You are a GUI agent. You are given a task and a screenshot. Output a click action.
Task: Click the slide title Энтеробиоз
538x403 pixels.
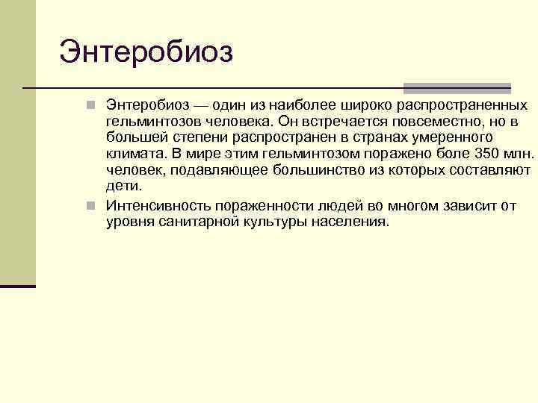click(x=146, y=51)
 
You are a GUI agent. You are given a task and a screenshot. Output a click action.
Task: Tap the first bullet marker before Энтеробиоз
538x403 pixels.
click(x=90, y=105)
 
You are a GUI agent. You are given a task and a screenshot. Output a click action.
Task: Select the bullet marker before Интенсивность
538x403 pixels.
click(x=90, y=204)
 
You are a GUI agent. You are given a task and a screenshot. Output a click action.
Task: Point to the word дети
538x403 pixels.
click(x=123, y=187)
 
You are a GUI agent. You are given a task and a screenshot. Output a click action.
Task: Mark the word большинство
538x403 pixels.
click(x=322, y=170)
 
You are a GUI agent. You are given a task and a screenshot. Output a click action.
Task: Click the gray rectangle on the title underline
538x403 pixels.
click(x=457, y=88)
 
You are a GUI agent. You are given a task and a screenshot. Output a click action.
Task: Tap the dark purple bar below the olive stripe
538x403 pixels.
click(x=18, y=286)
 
